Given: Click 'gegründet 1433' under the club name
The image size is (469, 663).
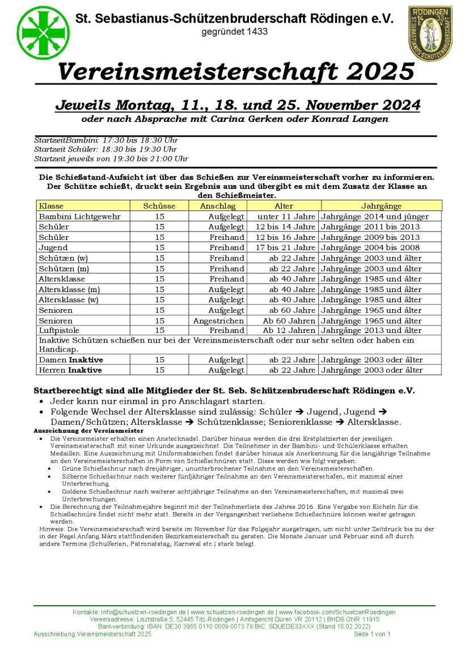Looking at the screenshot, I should (x=234, y=32).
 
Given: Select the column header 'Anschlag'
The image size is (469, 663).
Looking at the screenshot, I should (x=218, y=206).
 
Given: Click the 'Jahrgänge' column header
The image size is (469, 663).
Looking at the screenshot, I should (x=381, y=206).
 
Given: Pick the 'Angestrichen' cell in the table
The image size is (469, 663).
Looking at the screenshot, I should (x=219, y=320).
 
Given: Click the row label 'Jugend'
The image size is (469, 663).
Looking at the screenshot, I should (x=53, y=248).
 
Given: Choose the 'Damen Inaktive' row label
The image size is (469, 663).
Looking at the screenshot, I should (x=71, y=360).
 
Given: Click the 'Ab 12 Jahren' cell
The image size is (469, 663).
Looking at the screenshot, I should (x=289, y=331).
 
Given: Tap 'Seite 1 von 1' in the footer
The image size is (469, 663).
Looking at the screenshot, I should (x=372, y=634).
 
